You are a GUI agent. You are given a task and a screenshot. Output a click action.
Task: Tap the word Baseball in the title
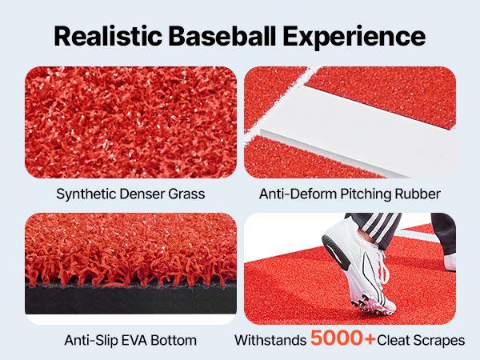[234, 36]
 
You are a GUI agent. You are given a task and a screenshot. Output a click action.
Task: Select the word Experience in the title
[359, 36]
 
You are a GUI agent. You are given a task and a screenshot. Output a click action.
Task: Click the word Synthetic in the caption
[84, 194]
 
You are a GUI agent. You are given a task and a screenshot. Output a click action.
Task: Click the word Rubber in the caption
[415, 194]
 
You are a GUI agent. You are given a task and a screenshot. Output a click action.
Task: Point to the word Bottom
[176, 340]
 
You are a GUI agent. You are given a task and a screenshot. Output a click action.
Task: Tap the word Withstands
[268, 340]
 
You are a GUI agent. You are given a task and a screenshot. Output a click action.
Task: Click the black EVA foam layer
[128, 304]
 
